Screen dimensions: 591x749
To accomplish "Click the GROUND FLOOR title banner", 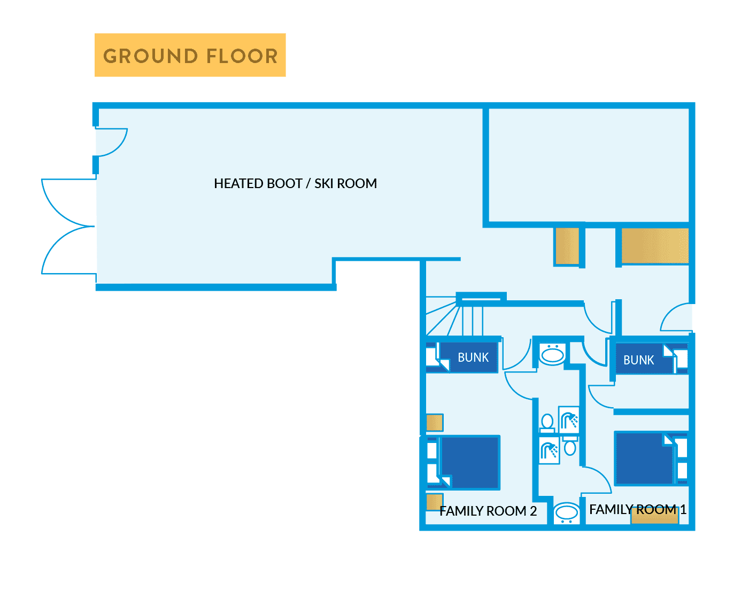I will click(x=190, y=55).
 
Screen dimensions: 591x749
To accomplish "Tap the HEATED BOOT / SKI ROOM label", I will click(x=295, y=183).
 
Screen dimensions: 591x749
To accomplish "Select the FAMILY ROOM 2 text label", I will click(x=488, y=511).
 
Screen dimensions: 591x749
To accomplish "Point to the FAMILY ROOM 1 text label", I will click(x=637, y=509).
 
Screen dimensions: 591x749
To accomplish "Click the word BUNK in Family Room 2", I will click(x=473, y=357).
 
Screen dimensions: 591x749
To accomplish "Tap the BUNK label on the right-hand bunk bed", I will click(x=638, y=360).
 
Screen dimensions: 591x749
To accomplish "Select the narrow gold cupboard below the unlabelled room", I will click(x=567, y=246).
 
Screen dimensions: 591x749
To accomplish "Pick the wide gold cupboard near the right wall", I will click(x=654, y=246).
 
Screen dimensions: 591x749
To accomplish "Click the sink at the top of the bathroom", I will click(x=552, y=355).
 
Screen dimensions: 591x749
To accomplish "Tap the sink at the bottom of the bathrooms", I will click(x=566, y=513).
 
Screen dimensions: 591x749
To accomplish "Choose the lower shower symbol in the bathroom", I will click(x=549, y=450).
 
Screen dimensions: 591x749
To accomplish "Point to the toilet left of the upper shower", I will click(x=547, y=423).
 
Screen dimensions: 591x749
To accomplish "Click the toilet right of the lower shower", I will click(x=570, y=447).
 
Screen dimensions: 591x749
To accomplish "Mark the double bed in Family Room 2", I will click(x=469, y=462).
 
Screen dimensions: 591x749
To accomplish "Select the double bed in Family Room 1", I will click(x=644, y=458).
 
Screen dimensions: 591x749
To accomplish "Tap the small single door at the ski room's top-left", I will click(x=111, y=142).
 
